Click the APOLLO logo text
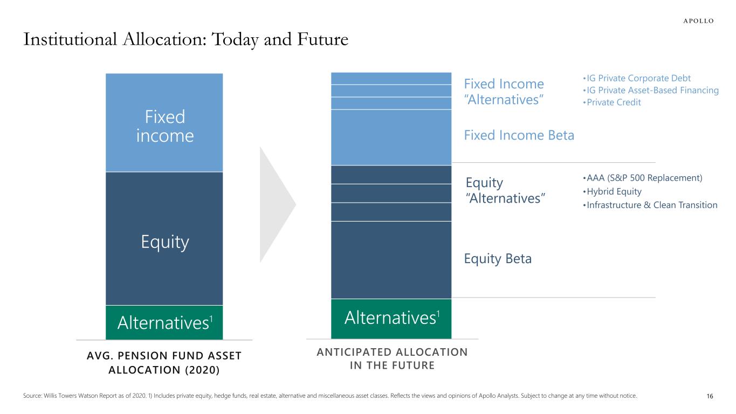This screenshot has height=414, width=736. pyautogui.click(x=698, y=21)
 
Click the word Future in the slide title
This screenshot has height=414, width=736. pyautogui.click(x=322, y=39)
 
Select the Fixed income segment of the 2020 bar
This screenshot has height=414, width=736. pyautogui.click(x=164, y=122)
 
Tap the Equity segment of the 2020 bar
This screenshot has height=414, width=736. pyautogui.click(x=164, y=239)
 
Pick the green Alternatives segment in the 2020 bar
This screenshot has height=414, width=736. pyautogui.click(x=164, y=322)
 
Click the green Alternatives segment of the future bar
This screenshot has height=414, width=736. pyautogui.click(x=391, y=319)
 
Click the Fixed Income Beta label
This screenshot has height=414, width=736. pyautogui.click(x=519, y=135)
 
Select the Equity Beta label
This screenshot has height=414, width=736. pyautogui.click(x=498, y=259)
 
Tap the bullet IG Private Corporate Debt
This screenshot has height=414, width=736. pyautogui.click(x=637, y=78)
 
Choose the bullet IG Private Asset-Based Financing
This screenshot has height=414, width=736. pyautogui.click(x=651, y=90)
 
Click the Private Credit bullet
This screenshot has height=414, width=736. pyautogui.click(x=612, y=102)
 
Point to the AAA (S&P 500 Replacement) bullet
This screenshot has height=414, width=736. pyautogui.click(x=643, y=178)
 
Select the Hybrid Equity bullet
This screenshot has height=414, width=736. pyautogui.click(x=612, y=191)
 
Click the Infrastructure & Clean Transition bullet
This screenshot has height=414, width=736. pyautogui.click(x=650, y=205)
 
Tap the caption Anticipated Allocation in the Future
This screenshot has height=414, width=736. pyautogui.click(x=392, y=358)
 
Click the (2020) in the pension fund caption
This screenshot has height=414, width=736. pyautogui.click(x=202, y=370)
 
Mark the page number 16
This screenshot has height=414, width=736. pyautogui.click(x=710, y=396)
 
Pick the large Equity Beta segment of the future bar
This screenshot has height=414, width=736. pyautogui.click(x=391, y=260)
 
